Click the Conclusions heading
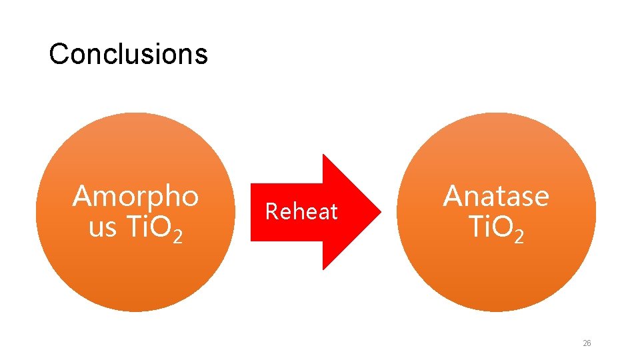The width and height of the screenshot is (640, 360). pos(128,53)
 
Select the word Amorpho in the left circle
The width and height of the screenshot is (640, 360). pos(135,197)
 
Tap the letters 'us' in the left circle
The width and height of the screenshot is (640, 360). pos(102,228)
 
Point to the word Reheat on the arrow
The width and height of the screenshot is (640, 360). pos(301,212)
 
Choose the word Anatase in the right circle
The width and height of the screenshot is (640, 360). pos(496,197)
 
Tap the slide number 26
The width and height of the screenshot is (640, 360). pos(587,343)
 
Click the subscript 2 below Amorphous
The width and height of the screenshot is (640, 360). pos(177,236)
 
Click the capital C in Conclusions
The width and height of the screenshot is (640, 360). pos(58,53)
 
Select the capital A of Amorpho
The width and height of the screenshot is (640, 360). pos(83,197)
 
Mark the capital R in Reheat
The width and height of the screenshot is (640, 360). pos(271,212)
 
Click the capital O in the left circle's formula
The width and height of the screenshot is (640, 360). pos(160,228)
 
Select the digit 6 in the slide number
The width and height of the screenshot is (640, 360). pos(589,343)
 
